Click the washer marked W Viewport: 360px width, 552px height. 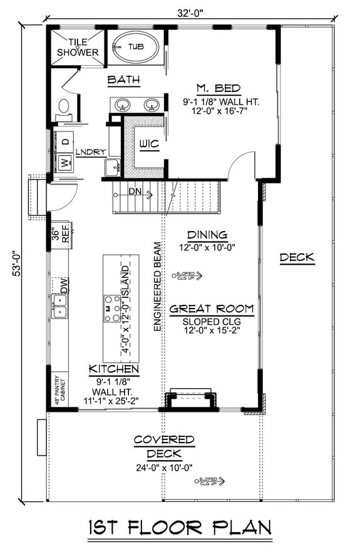tap(64, 163)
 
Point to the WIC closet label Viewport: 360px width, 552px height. tap(149, 145)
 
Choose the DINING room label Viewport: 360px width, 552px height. tap(207, 235)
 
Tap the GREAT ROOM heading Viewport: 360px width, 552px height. tap(212, 308)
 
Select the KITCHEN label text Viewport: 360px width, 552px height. tap(113, 369)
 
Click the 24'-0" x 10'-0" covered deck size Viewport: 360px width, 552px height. tap(163, 468)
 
